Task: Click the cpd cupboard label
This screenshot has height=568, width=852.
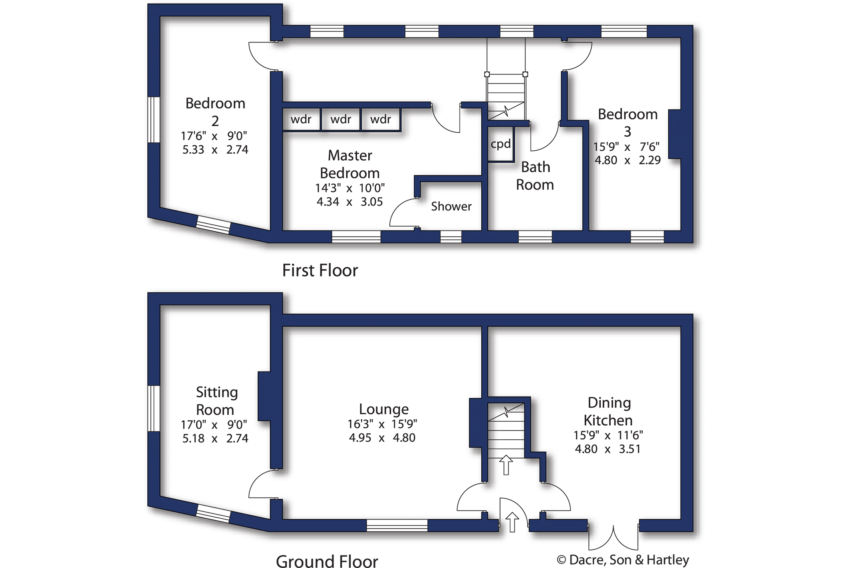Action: point(501,144)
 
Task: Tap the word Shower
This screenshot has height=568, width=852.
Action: point(451,206)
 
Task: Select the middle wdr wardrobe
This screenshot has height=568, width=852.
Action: point(341,119)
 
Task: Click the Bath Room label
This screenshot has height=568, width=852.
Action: point(535,176)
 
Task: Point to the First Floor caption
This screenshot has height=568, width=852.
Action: point(320,271)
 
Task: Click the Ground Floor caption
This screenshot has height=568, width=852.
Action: point(327,561)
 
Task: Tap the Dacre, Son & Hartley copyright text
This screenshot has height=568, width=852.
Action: point(623,560)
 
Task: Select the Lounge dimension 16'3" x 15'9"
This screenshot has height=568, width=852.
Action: point(382,424)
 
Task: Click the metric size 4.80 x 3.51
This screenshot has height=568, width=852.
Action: point(608,449)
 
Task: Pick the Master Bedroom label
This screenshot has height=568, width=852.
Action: point(350,164)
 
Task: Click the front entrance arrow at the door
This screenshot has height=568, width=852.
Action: point(512,522)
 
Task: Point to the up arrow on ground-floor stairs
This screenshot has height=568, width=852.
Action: point(506,465)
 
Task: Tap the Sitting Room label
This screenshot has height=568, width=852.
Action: point(216,401)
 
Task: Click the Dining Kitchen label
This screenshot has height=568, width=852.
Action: point(608,411)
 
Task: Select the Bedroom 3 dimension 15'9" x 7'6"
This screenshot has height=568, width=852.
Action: point(626,147)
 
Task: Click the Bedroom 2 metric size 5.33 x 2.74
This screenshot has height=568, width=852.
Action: point(215,150)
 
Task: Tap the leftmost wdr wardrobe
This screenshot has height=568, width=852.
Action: point(301,119)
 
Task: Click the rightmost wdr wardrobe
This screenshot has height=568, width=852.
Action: point(381,119)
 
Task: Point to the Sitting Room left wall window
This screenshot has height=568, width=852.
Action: point(154,408)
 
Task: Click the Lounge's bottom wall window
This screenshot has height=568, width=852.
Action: point(397,526)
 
